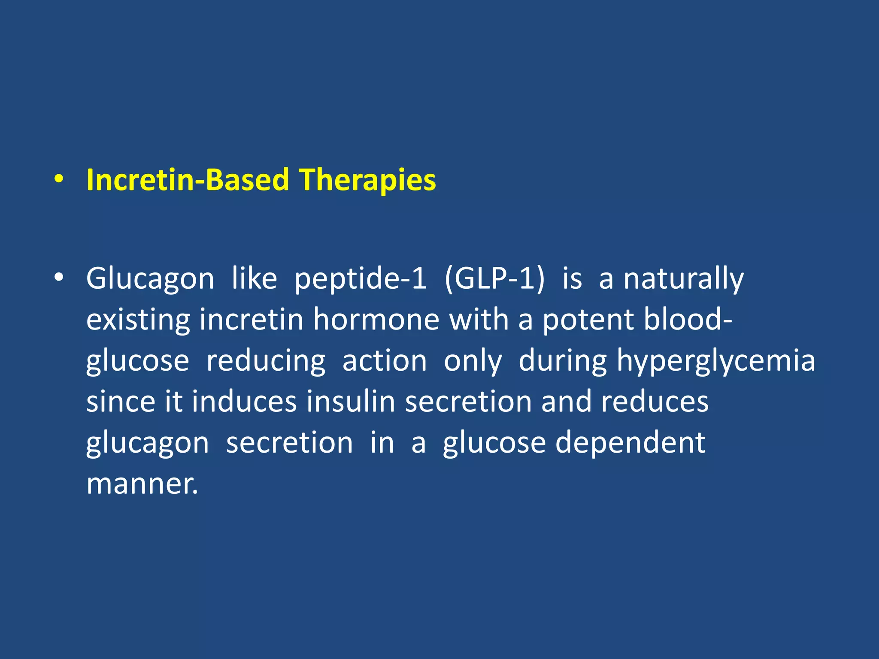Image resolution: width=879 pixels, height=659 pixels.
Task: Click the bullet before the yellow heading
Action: click(59, 180)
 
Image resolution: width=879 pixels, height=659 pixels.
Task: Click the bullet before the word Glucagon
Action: click(59, 278)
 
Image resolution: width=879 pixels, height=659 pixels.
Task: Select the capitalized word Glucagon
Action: click(150, 279)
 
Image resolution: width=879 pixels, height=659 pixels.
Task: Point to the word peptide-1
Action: click(361, 279)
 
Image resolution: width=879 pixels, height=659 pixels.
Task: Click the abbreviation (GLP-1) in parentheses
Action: click(494, 279)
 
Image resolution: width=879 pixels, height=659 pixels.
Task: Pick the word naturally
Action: click(683, 279)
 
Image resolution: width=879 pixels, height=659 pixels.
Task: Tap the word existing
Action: click(138, 320)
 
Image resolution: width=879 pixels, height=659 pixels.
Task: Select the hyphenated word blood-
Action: click(688, 320)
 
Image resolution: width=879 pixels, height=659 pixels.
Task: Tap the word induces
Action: click(244, 402)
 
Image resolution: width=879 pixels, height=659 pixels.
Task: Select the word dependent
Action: click(630, 443)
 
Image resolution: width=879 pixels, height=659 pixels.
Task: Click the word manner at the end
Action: click(142, 484)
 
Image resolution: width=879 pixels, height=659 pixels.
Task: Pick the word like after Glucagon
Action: click(254, 279)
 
